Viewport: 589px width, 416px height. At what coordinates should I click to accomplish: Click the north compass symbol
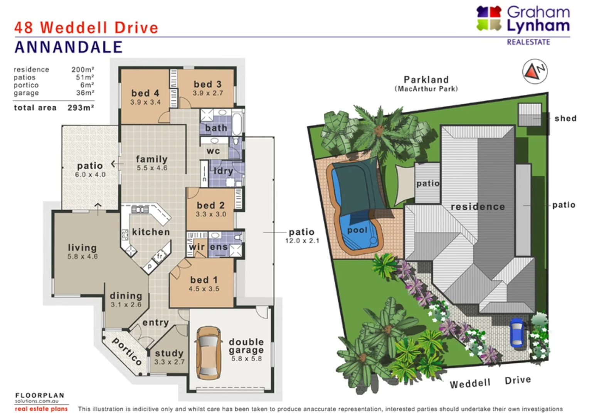click(535, 71)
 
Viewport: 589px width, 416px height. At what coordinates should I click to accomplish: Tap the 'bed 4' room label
click(145, 93)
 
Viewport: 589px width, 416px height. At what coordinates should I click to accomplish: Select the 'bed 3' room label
click(207, 84)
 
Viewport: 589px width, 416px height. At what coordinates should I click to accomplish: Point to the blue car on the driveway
click(517, 332)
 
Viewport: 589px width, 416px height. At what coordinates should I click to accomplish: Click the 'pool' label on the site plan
click(357, 230)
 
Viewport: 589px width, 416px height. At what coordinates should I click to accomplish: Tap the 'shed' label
click(565, 118)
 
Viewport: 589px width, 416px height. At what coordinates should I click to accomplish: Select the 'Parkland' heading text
click(426, 80)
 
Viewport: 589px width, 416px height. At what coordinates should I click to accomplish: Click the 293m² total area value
click(81, 108)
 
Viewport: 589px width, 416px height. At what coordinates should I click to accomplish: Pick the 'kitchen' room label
click(151, 232)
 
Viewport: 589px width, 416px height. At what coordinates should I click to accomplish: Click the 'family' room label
click(151, 159)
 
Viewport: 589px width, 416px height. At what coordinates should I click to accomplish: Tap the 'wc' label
click(213, 151)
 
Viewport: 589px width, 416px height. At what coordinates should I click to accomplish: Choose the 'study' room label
click(169, 353)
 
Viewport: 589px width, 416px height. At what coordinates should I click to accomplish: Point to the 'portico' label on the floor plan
click(127, 351)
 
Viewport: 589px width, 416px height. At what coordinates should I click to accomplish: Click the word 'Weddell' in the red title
click(74, 28)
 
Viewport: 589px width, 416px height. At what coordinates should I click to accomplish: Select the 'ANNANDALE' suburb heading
click(69, 47)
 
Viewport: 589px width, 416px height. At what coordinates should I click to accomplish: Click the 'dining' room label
click(126, 295)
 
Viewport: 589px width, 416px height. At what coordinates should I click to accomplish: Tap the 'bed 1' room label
click(204, 280)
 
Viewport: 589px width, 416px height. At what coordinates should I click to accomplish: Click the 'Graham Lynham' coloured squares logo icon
click(489, 18)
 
